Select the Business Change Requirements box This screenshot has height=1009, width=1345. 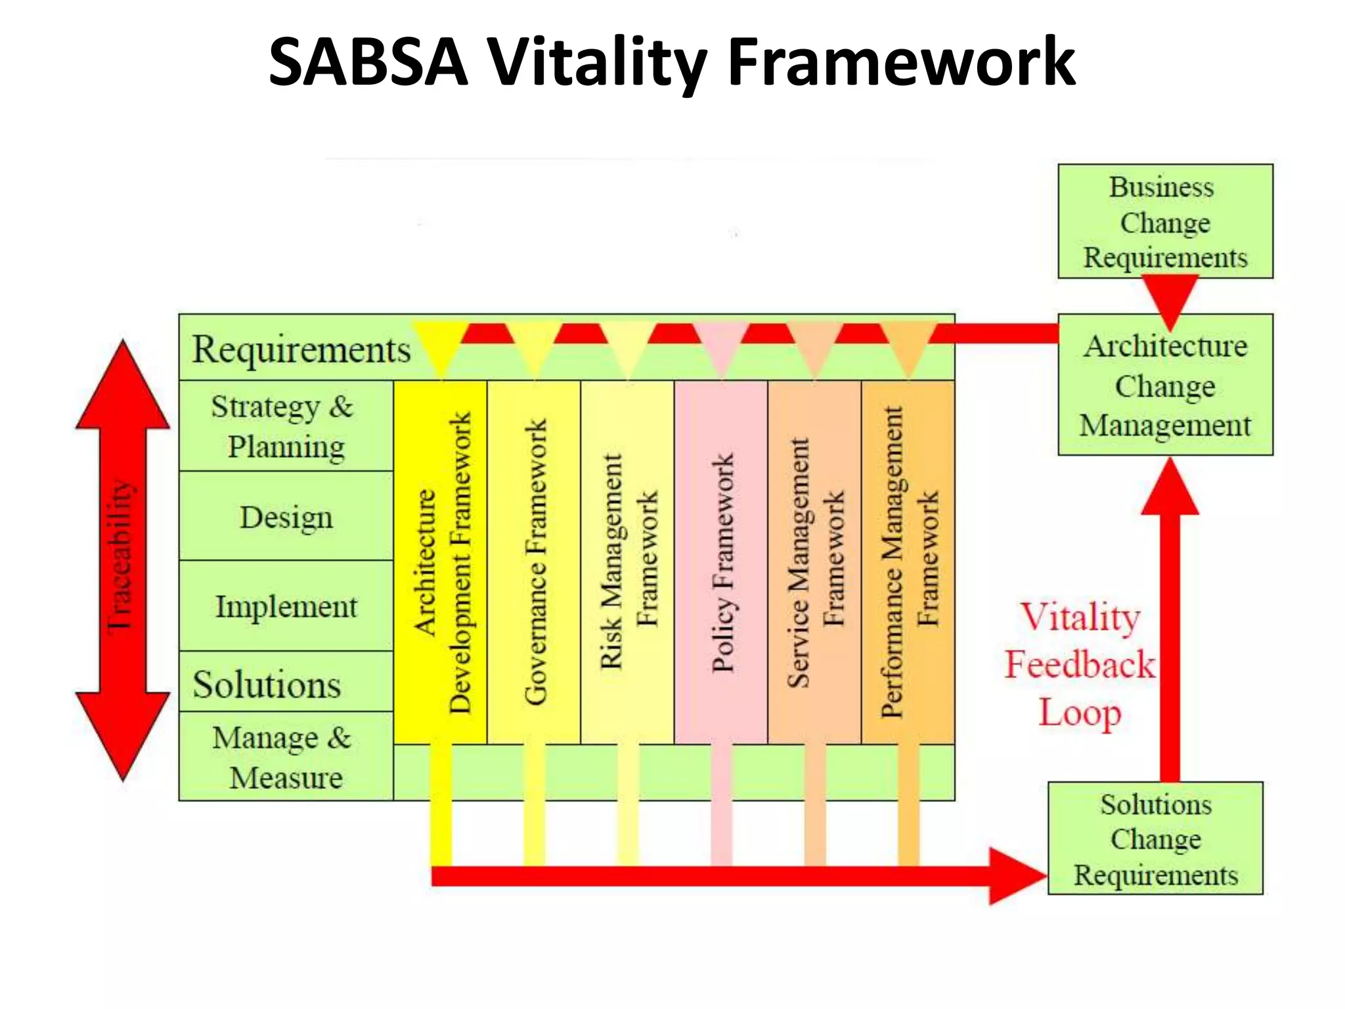[1165, 221]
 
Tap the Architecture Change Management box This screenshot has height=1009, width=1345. [1165, 385]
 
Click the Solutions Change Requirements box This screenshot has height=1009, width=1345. [1155, 839]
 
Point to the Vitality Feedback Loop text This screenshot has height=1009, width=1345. [1080, 665]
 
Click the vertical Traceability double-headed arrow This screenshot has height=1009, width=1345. [123, 558]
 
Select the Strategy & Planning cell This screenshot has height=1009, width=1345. [286, 426]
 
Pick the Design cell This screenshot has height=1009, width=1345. [286, 517]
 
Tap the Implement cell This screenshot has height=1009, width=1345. [286, 606]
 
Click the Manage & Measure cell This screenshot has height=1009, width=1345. [286, 757]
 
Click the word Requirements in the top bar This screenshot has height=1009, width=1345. [301, 349]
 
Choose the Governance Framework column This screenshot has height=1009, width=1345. [534, 562]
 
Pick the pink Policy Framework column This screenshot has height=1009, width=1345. [721, 562]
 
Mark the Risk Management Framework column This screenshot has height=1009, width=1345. [627, 562]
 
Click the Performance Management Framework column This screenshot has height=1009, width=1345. [908, 562]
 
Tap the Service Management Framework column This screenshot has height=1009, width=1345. [814, 562]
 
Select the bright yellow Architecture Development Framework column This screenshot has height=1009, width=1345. [440, 562]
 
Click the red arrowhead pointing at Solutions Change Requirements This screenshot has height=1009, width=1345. [1015, 876]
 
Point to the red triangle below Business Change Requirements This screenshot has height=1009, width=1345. [1170, 297]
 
